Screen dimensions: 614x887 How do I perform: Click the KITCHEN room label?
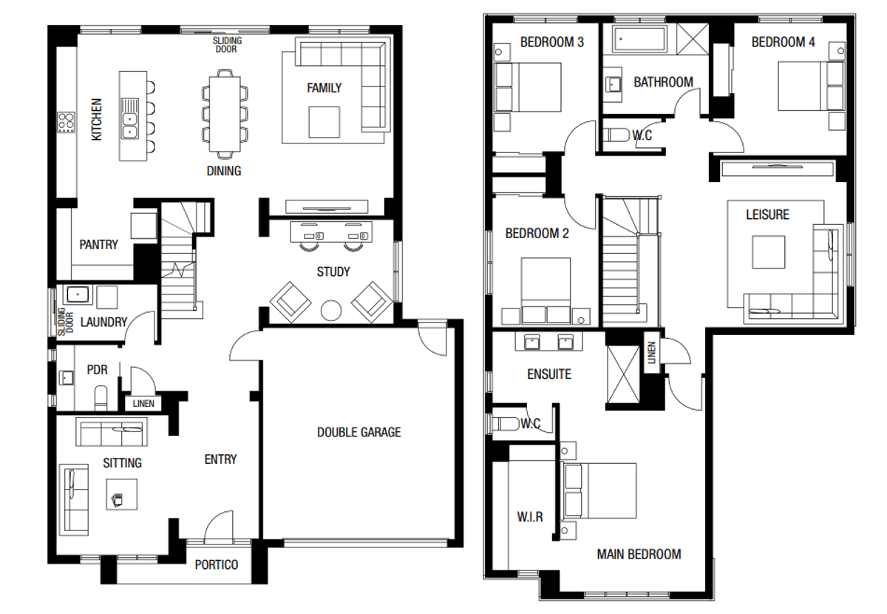(96, 120)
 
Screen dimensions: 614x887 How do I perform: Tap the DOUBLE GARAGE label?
(359, 432)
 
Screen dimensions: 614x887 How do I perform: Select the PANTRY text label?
(98, 244)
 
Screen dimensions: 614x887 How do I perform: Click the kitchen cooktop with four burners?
(66, 121)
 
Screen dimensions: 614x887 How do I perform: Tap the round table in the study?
(330, 309)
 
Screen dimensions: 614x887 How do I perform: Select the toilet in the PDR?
(101, 397)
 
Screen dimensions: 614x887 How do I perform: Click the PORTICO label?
(217, 564)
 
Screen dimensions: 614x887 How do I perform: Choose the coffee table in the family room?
(324, 121)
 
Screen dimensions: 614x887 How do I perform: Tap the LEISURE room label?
(767, 215)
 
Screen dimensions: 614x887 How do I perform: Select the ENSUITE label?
(548, 374)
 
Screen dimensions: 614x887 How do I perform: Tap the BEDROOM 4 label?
(783, 43)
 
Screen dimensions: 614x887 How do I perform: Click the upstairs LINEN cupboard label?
(652, 354)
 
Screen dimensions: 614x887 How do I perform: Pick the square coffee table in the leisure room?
(768, 252)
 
